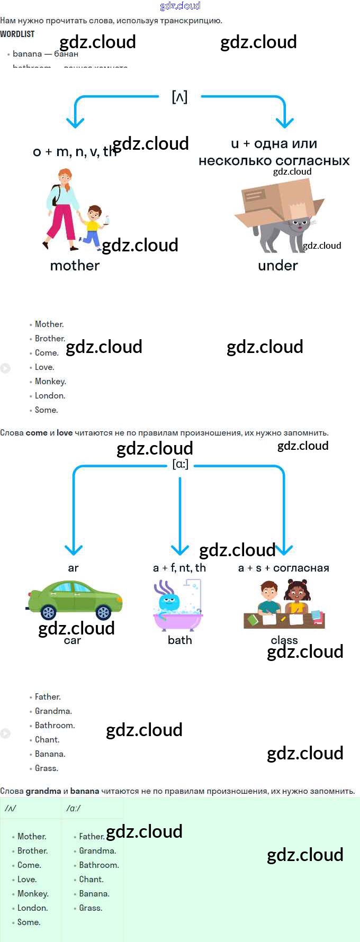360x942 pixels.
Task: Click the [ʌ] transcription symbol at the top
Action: [x=179, y=97]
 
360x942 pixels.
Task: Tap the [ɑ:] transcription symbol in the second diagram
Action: [x=180, y=464]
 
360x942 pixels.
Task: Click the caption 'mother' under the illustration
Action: [x=75, y=265]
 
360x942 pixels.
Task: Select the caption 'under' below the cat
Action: [x=278, y=265]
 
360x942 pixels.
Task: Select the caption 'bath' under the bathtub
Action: [x=180, y=640]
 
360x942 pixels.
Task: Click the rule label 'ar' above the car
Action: [x=73, y=568]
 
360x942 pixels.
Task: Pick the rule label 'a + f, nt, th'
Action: [x=179, y=568]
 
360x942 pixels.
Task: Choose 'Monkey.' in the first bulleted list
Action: [x=50, y=381]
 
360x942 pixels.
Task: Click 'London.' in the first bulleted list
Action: [x=50, y=395]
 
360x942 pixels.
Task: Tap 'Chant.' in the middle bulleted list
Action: [x=47, y=739]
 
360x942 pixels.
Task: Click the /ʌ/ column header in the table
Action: [x=10, y=808]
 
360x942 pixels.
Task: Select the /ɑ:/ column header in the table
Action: [x=74, y=808]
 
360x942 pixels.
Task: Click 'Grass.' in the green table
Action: [x=91, y=908]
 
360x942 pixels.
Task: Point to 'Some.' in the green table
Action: [x=29, y=922]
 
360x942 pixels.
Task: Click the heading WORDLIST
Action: [x=17, y=34]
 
